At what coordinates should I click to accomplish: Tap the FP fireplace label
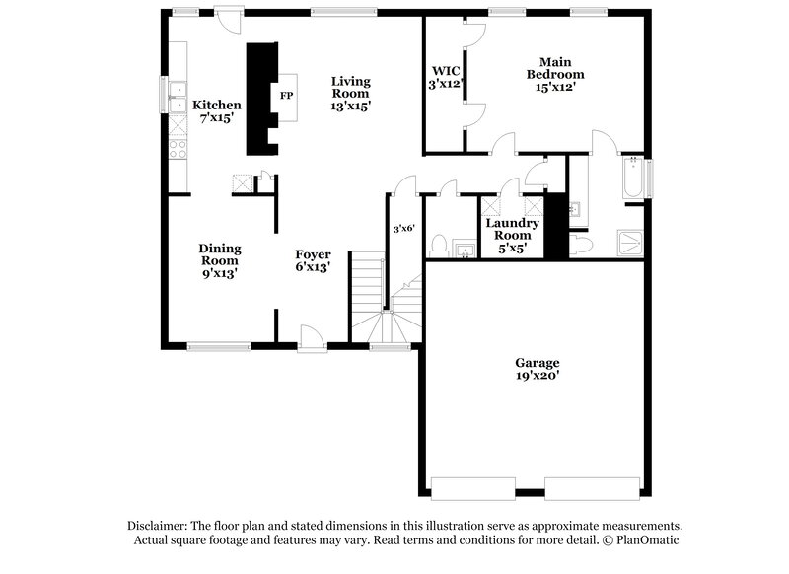(x=286, y=96)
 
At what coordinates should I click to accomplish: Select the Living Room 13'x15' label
(x=350, y=93)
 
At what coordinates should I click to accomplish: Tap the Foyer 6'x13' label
(x=313, y=260)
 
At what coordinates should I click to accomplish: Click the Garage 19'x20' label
(x=536, y=369)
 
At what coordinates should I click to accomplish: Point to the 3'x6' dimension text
(x=404, y=229)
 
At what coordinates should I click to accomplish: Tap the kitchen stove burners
(x=179, y=150)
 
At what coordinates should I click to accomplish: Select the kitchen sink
(x=179, y=97)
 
